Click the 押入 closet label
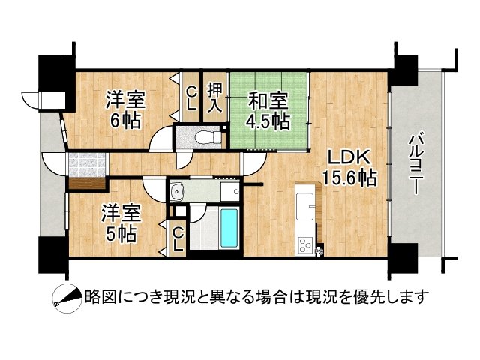coord(215,97)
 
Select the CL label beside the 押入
coord(192,97)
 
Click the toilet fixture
coord(206,137)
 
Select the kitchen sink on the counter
coord(306,203)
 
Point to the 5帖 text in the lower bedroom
coord(120,233)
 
